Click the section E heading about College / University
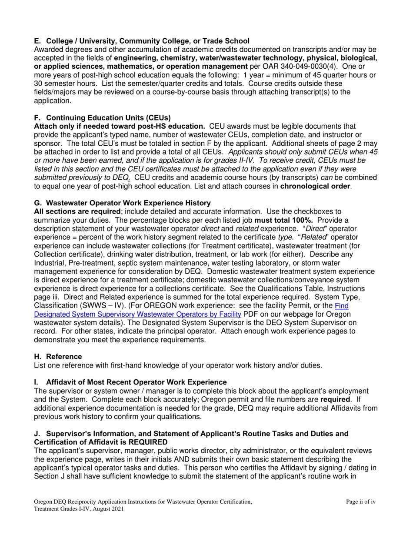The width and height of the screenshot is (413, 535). pyautogui.click(x=142, y=41)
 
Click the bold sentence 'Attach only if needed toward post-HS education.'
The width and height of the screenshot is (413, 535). pyautogui.click(x=120, y=126)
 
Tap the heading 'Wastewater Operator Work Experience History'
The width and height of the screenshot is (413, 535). pyautogui.click(x=128, y=203)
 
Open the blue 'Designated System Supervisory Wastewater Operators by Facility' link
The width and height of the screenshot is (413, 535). pyautogui.click(x=137, y=314)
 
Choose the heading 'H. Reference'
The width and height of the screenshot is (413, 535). pyautogui.click(x=58, y=357)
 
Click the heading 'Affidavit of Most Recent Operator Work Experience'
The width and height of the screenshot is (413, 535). pyautogui.click(x=136, y=382)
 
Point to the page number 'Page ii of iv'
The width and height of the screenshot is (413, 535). pyautogui.click(x=360, y=502)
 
